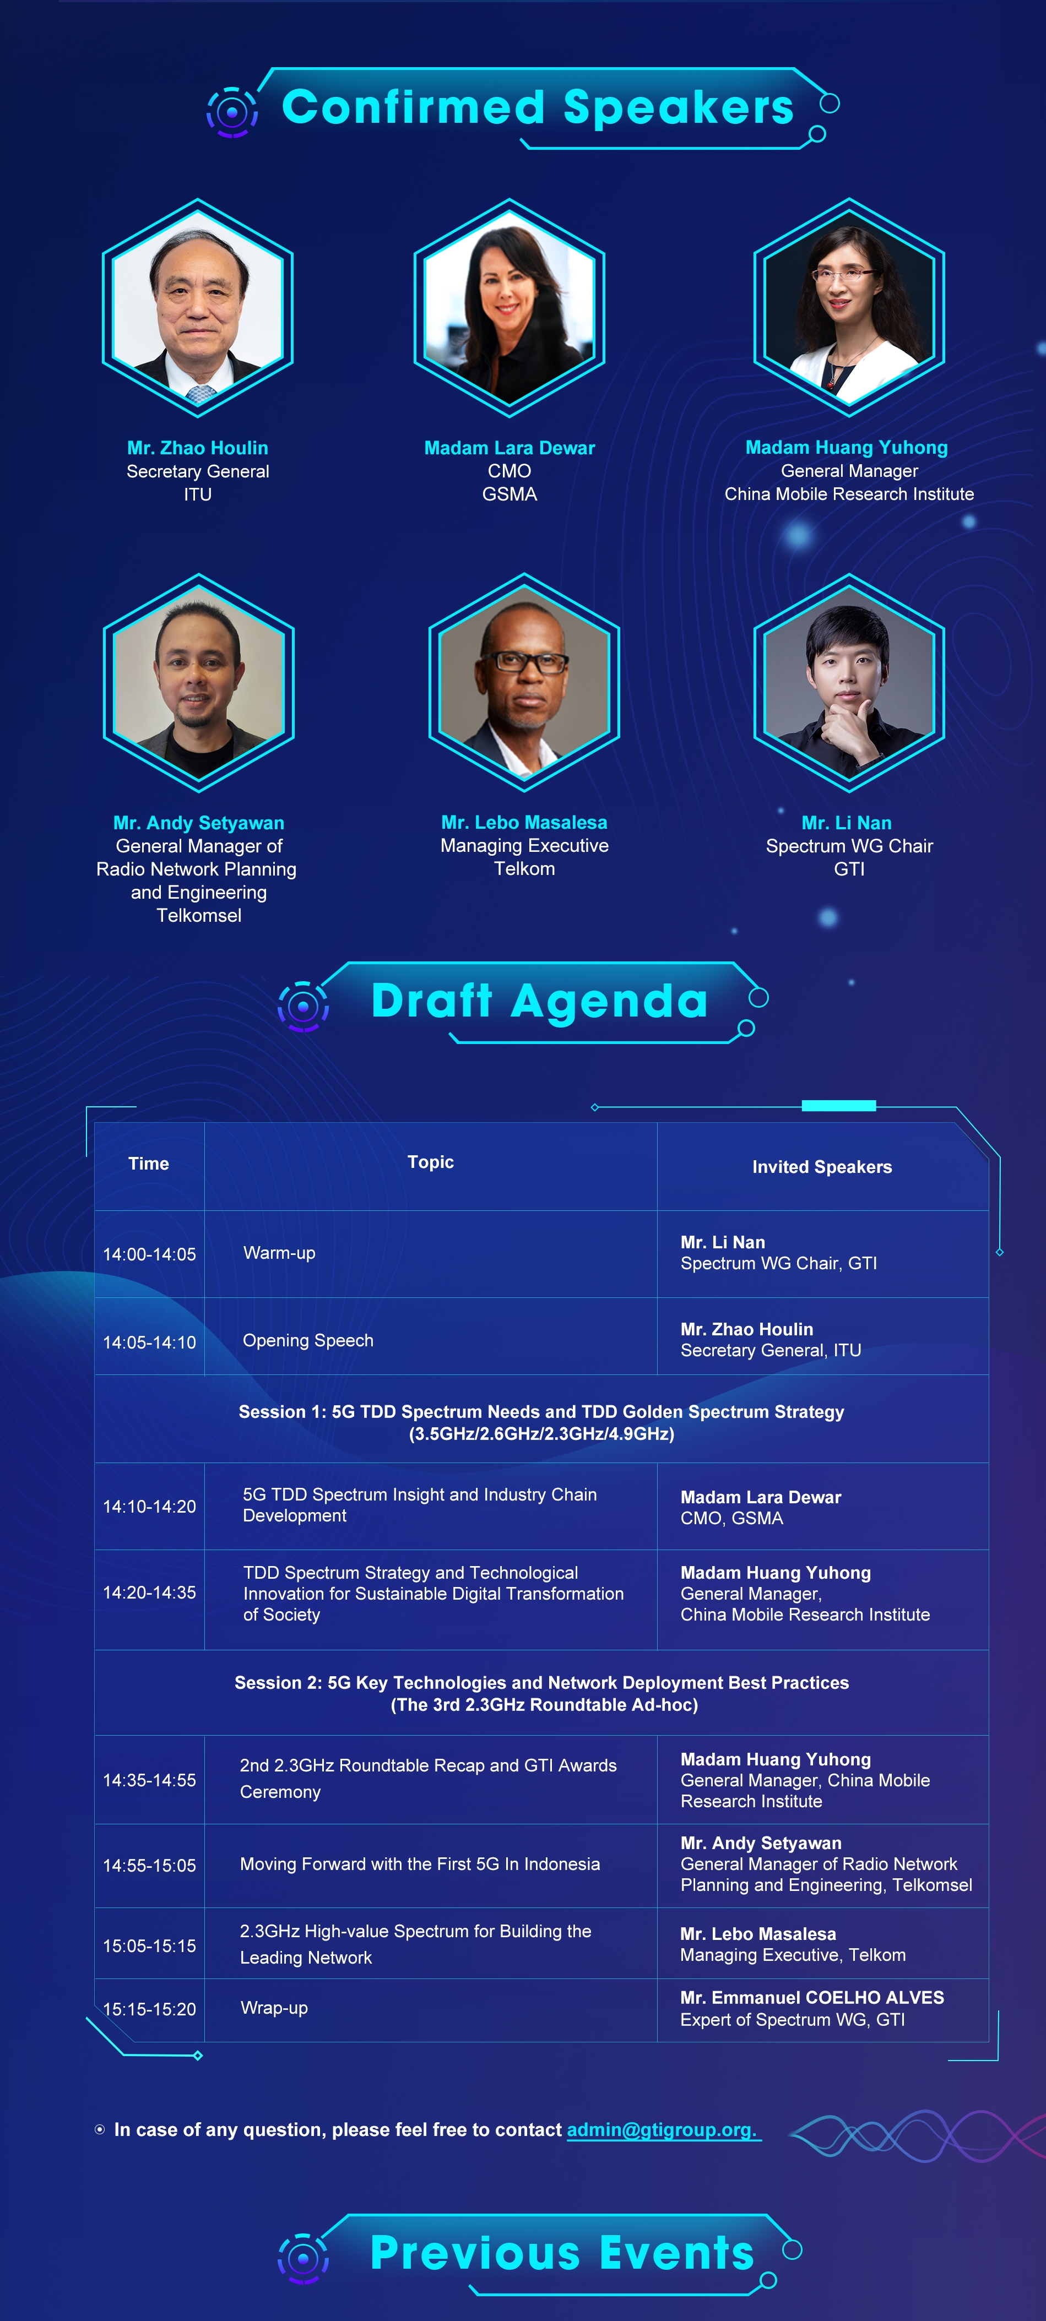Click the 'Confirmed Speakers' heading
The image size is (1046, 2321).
(x=538, y=107)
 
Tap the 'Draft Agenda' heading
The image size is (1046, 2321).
(x=540, y=1001)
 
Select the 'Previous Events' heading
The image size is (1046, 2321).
(x=562, y=2253)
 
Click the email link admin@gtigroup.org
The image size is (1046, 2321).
(x=662, y=2130)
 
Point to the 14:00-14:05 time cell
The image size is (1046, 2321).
(x=150, y=1254)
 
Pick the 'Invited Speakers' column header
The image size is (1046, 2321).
(x=822, y=1167)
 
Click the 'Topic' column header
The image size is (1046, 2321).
(x=431, y=1162)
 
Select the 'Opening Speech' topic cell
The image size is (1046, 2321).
(x=308, y=1341)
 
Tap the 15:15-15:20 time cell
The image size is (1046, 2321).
(x=150, y=2009)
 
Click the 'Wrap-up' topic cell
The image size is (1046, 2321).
(x=274, y=2008)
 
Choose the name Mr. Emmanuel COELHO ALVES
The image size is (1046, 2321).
(x=812, y=1998)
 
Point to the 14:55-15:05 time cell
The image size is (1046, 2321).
(x=150, y=1865)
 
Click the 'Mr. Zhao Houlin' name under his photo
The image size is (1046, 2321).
(x=197, y=448)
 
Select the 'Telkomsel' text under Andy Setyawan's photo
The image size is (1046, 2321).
(x=199, y=915)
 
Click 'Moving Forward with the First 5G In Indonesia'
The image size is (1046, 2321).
(x=420, y=1864)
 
